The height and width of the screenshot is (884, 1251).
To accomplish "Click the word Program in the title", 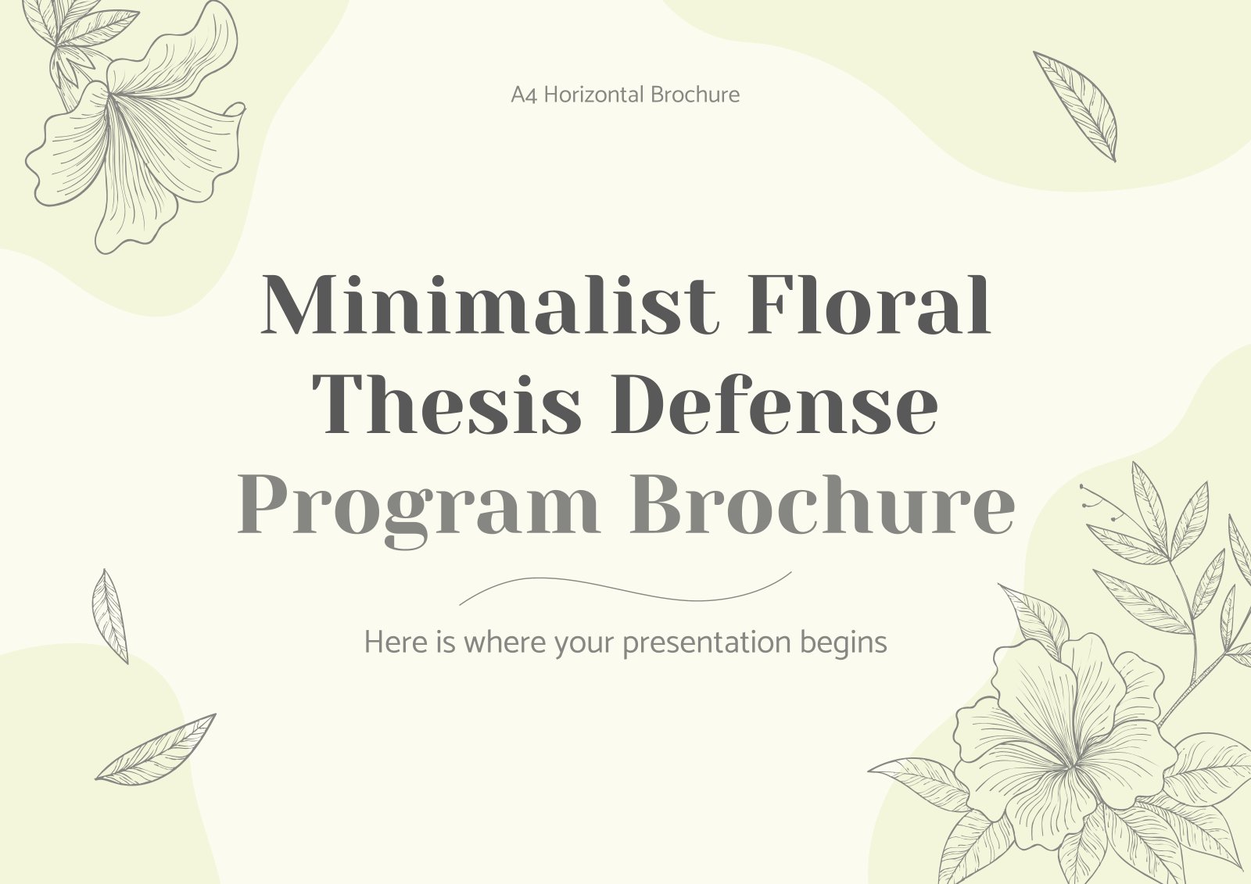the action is (x=419, y=508).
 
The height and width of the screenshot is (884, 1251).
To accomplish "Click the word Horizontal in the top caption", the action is (x=593, y=95).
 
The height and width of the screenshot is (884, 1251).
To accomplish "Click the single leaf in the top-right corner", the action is (x=1075, y=106).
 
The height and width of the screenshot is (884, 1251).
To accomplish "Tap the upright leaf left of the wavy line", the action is (x=110, y=617).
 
